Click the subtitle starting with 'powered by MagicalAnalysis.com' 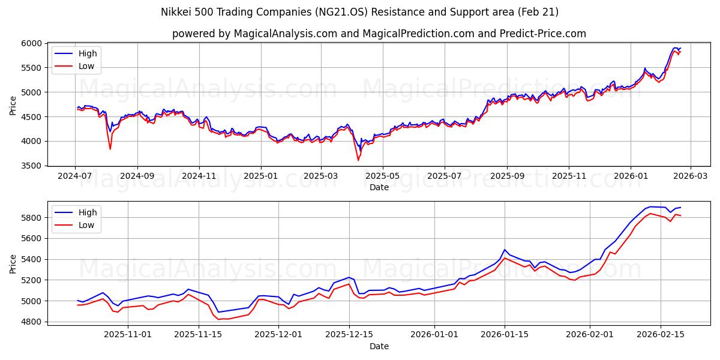pyautogui.click(x=379, y=34)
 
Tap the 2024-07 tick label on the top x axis pyautogui.click(x=75, y=176)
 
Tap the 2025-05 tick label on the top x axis pyautogui.click(x=382, y=176)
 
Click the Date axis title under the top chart pyautogui.click(x=379, y=187)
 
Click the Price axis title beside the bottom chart pyautogui.click(x=13, y=263)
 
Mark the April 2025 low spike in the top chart pyautogui.click(x=358, y=160)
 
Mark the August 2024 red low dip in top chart pyautogui.click(x=110, y=149)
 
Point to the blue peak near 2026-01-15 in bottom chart pyautogui.click(x=505, y=250)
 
